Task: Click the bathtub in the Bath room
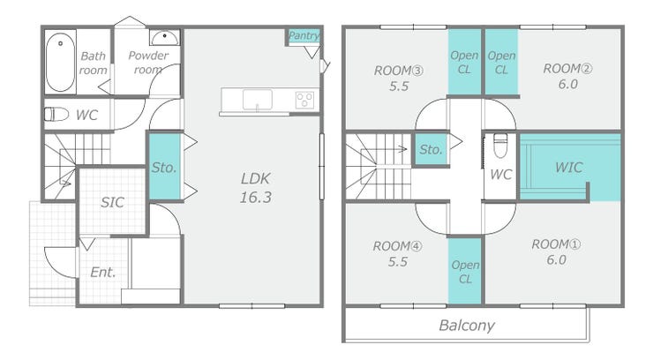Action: coord(60,62)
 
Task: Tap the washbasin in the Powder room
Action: coord(165,37)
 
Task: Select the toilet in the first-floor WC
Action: coord(56,114)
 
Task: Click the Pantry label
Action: coord(304,35)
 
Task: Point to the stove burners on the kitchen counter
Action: coord(304,100)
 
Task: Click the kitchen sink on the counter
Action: coord(258,100)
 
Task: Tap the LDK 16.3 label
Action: coord(255,188)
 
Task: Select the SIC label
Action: coord(112,202)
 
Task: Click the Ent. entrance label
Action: coord(103,272)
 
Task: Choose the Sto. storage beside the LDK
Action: coord(165,166)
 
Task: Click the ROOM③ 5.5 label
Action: coord(399,79)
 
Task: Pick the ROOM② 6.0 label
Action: coord(567,76)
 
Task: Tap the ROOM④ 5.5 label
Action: coord(397,254)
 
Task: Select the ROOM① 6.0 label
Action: coord(556,251)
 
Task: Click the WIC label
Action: coord(569,168)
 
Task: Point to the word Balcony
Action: coord(467,325)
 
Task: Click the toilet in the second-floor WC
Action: coord(499,146)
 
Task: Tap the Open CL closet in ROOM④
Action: coord(465,272)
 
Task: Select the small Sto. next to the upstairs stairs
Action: coord(431,149)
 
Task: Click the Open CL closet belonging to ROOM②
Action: coord(501,62)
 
